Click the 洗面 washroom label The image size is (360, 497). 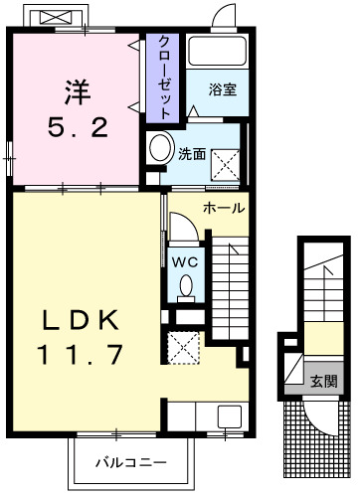click(191, 154)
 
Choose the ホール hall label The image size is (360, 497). click(224, 208)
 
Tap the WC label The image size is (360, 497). click(185, 260)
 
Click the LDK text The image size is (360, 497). click(82, 320)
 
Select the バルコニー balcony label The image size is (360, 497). click(124, 463)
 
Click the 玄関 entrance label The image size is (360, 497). click(322, 381)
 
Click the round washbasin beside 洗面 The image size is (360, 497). click(159, 150)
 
